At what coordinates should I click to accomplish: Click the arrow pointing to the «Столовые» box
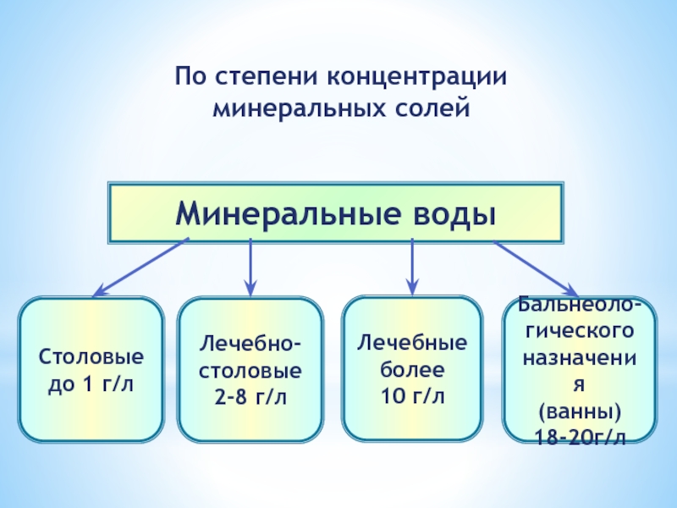click(x=140, y=267)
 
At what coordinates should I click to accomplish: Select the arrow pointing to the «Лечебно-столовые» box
click(x=250, y=267)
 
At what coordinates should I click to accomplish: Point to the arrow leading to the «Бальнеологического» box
click(x=536, y=267)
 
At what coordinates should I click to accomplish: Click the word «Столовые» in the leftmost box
click(x=91, y=358)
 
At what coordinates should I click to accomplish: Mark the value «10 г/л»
click(x=412, y=395)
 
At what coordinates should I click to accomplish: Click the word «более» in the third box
click(x=412, y=370)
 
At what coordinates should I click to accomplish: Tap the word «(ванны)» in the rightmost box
click(x=580, y=412)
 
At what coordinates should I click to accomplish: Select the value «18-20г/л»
click(x=580, y=437)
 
